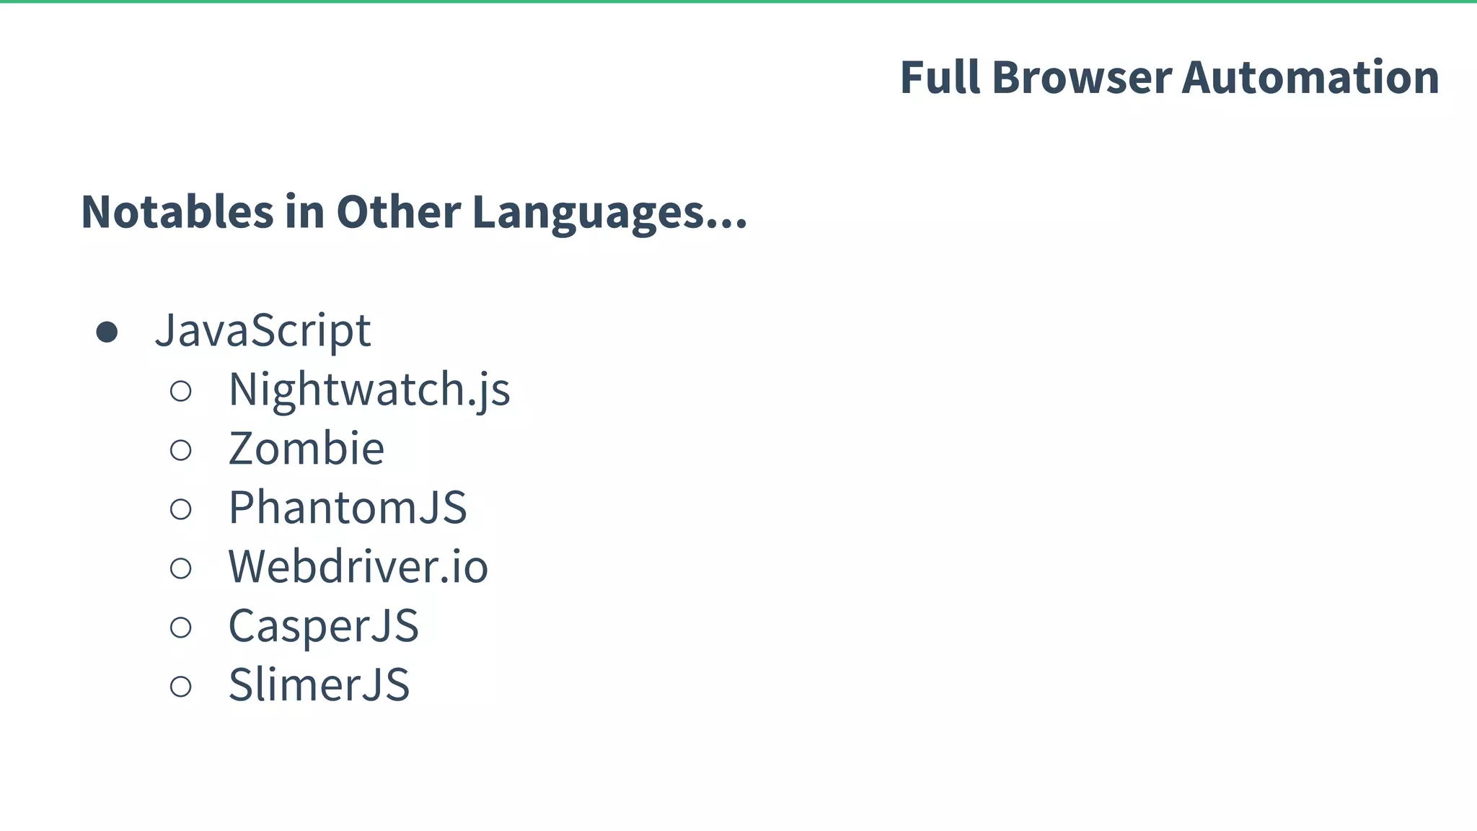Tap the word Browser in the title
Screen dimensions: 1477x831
click(1081, 77)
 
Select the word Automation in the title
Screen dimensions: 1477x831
click(1310, 77)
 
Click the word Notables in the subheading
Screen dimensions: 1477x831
click(177, 212)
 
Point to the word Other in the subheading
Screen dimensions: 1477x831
click(398, 212)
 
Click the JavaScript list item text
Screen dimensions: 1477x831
click(263, 330)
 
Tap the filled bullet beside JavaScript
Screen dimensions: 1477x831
click(107, 333)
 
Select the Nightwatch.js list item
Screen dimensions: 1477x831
click(369, 390)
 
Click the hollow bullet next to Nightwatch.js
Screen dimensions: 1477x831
click(181, 392)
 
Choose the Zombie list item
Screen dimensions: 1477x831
click(307, 449)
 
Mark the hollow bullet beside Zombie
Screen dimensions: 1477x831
click(181, 451)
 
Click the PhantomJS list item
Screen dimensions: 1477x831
click(348, 508)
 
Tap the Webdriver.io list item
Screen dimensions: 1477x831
click(358, 566)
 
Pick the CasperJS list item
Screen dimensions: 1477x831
click(323, 625)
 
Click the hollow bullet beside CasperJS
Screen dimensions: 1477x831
click(181, 628)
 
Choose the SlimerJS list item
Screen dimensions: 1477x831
click(319, 685)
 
